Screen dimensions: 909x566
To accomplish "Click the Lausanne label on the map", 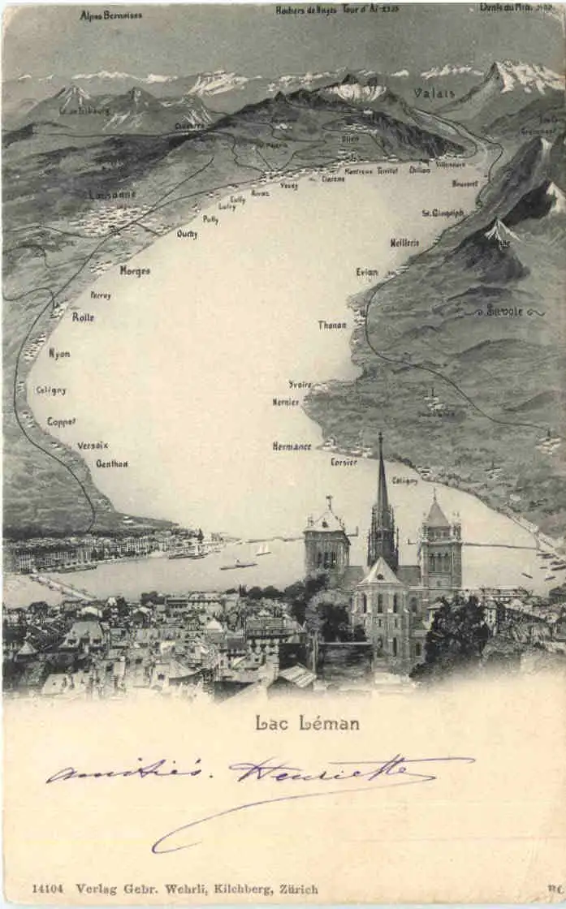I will [x=112, y=194].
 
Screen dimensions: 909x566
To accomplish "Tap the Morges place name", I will [x=135, y=271].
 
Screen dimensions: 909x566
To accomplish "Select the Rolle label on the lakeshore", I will [x=83, y=317].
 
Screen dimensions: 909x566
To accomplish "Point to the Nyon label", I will [x=59, y=354].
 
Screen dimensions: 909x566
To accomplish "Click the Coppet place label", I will [x=61, y=421].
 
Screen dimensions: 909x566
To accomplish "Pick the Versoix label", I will [x=93, y=446].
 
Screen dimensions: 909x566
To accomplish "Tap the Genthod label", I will [x=112, y=464].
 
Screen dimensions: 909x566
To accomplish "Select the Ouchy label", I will [x=187, y=234].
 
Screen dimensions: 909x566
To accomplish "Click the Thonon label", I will [x=332, y=325].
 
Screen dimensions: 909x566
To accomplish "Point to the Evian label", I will [x=367, y=272].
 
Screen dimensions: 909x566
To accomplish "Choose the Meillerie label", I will [x=404, y=242].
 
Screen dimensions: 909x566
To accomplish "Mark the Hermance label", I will [x=292, y=446].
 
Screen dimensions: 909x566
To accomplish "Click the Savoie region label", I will [x=504, y=310].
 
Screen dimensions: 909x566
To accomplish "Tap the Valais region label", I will [x=434, y=93].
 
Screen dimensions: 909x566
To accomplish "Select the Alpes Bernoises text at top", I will [x=111, y=15].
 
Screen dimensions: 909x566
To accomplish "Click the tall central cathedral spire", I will [x=381, y=479].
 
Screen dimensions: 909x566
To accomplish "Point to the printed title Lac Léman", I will [x=307, y=722].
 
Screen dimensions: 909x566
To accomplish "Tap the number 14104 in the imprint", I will [x=48, y=889].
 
